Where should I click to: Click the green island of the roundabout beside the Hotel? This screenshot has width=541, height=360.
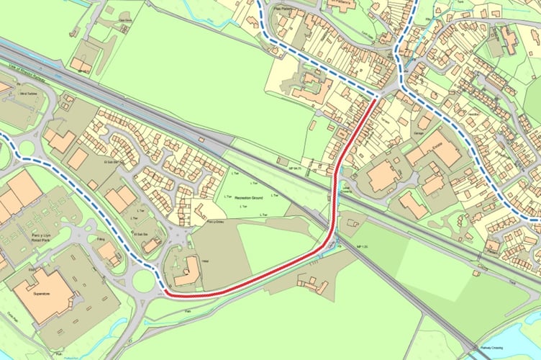pos(144,281)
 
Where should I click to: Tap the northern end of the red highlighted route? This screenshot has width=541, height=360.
pos(374,101)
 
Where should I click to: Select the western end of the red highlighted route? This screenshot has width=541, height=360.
pos(165,293)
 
